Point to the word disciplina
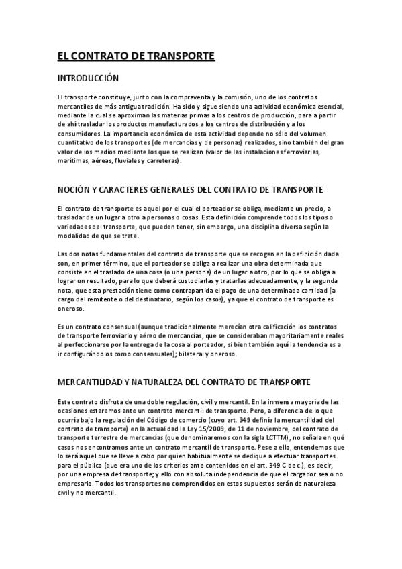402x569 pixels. click(267, 209)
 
